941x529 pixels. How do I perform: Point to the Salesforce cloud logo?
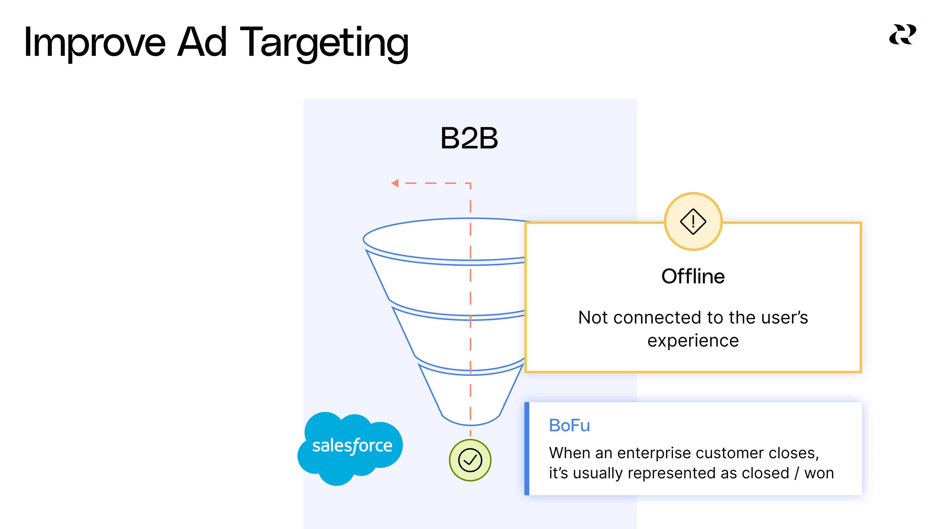pos(351,447)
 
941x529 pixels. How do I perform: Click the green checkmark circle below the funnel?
pos(470,460)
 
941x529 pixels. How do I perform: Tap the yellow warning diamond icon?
pos(693,221)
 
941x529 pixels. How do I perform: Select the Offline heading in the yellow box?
pos(693,276)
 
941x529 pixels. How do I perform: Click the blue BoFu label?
pos(569,426)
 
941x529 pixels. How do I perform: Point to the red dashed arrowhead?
pos(395,183)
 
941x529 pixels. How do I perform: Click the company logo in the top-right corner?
pos(902,35)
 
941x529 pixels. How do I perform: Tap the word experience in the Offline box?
pos(693,341)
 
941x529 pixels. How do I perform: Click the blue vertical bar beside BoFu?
pos(527,448)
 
